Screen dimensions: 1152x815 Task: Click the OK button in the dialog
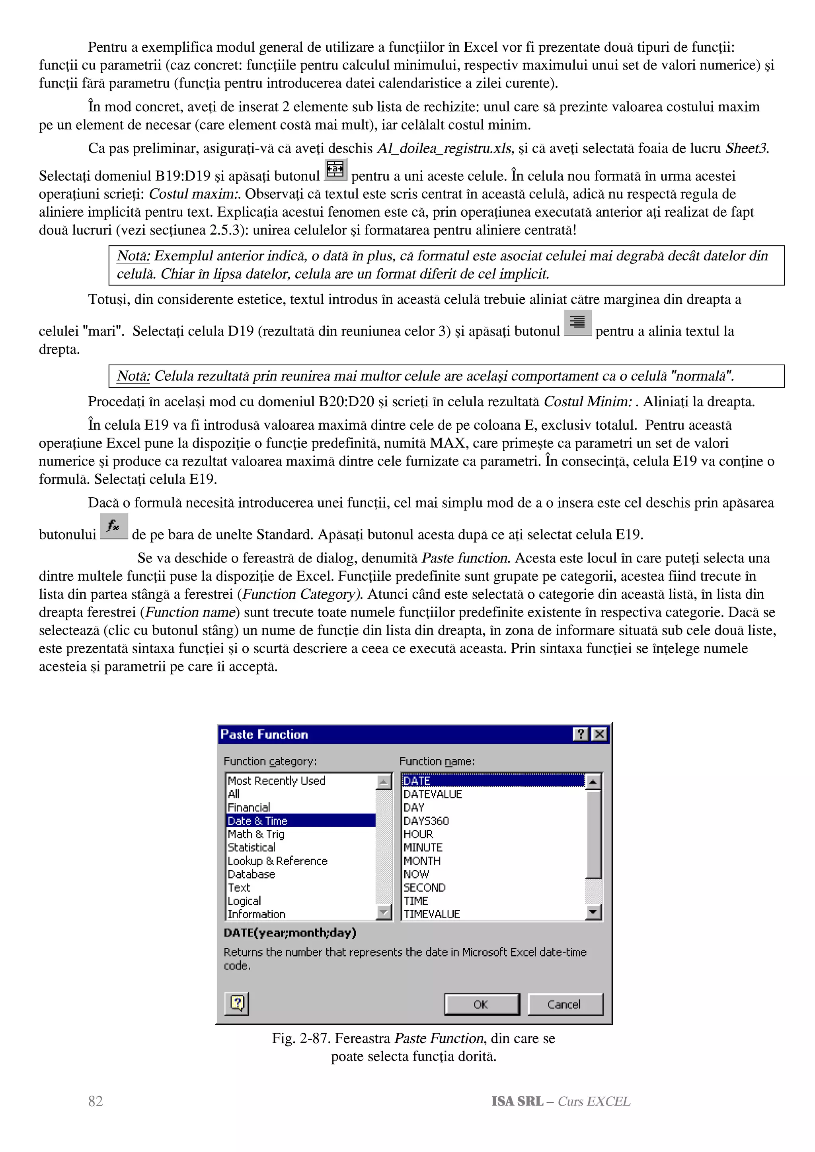tap(481, 1004)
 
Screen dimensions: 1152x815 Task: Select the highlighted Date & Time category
tap(257, 820)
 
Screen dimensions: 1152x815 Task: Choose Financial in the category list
tap(249, 807)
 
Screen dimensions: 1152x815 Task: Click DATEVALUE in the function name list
tap(432, 794)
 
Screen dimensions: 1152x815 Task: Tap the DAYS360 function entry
tap(426, 821)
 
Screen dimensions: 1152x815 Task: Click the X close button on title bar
tap(599, 734)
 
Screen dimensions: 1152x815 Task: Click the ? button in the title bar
tap(581, 734)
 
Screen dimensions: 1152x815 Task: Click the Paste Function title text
tap(264, 734)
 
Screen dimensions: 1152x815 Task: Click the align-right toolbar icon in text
tap(577, 322)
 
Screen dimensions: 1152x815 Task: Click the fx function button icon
tap(114, 526)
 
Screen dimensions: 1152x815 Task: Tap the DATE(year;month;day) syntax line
tap(290, 932)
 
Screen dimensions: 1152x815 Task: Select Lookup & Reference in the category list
tap(277, 861)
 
